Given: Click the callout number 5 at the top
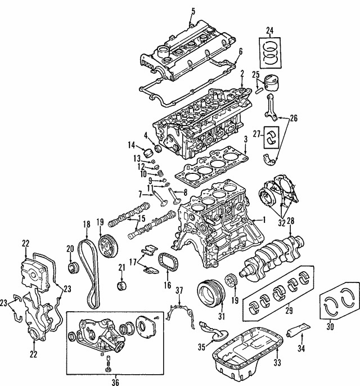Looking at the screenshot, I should (x=193, y=11).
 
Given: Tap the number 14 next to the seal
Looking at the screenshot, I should (x=132, y=145).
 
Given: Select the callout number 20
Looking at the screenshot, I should (x=70, y=249).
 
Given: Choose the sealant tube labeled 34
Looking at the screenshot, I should (x=298, y=331).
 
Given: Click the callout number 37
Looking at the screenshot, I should (x=179, y=290).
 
